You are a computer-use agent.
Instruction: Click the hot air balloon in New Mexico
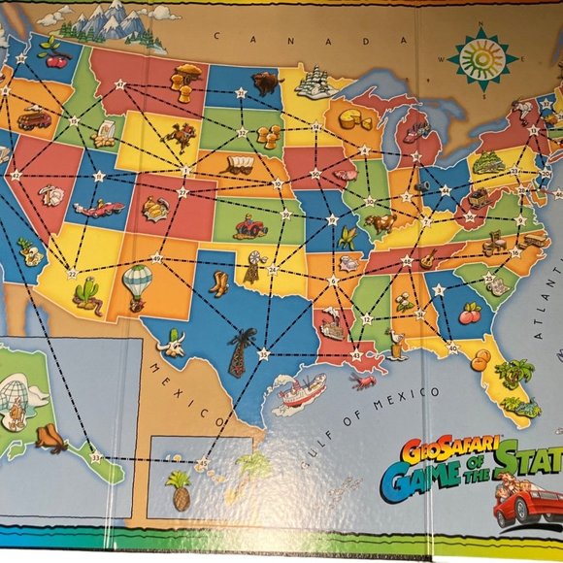[138, 282]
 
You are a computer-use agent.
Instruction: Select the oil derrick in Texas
[240, 351]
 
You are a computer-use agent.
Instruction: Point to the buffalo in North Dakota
[264, 82]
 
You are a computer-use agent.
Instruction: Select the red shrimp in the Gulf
[364, 381]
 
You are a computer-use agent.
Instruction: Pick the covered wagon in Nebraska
[238, 165]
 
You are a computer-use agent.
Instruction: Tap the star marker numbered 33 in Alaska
[94, 457]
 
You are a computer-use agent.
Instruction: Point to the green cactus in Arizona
[87, 293]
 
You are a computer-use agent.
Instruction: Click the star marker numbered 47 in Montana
[119, 84]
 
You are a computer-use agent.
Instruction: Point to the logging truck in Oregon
[34, 120]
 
